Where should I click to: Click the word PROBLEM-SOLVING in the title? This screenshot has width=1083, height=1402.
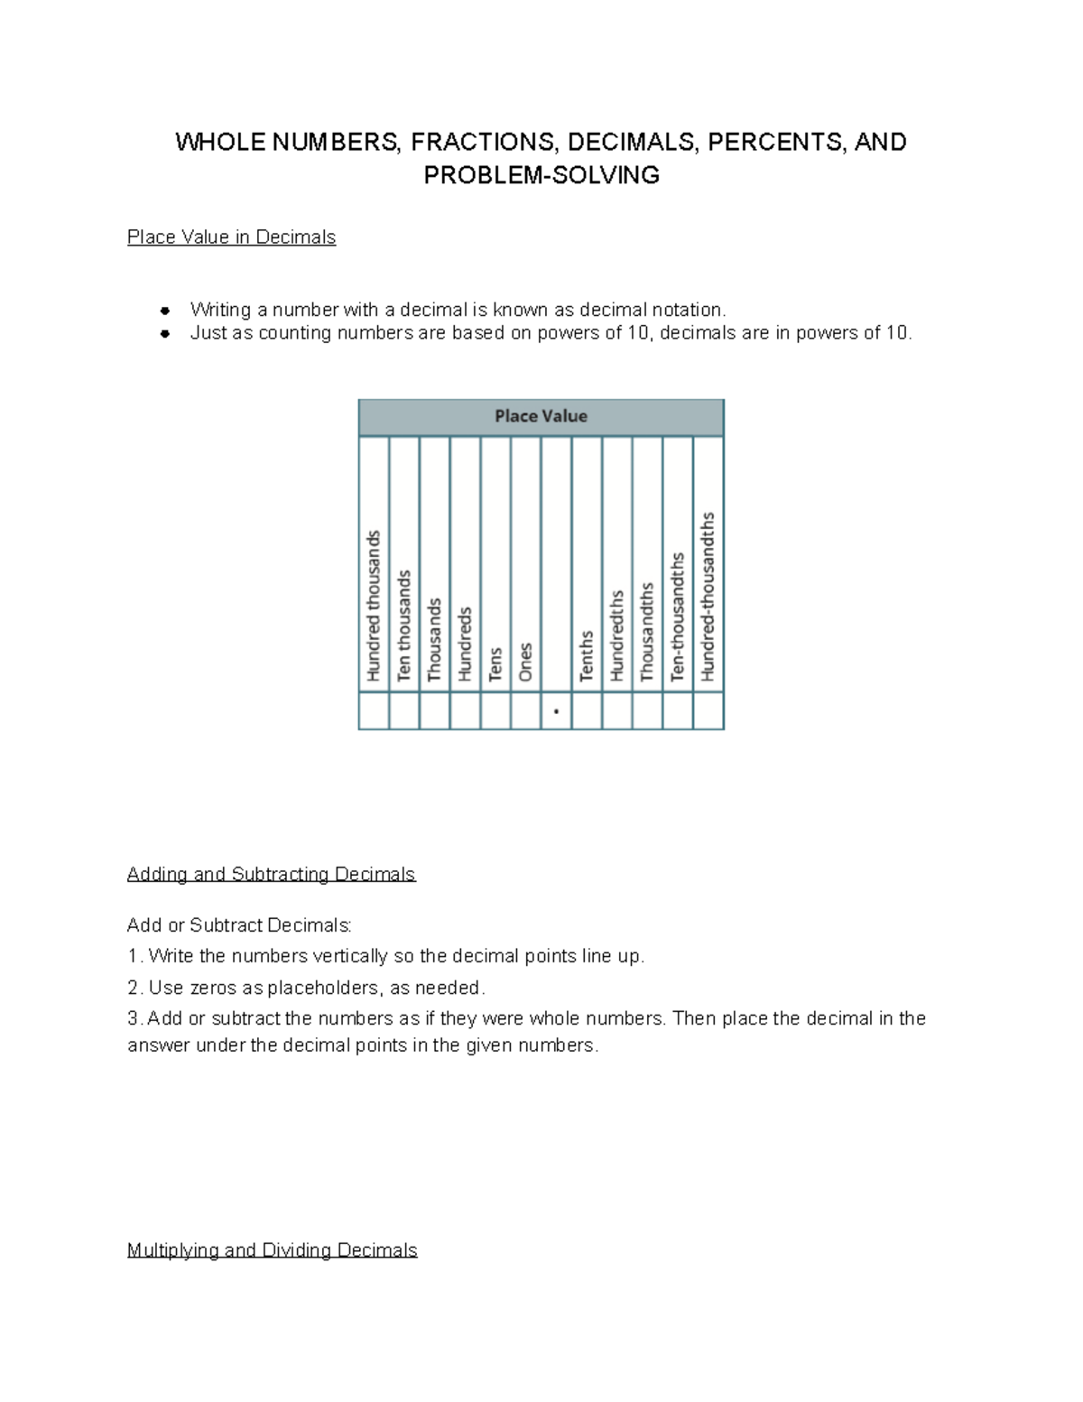point(541,175)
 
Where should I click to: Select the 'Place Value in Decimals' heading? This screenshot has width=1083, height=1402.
point(231,237)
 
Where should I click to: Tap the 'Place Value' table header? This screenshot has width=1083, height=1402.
point(541,416)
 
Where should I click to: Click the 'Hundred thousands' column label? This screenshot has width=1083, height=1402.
point(374,605)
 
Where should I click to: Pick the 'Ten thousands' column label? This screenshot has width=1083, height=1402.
point(404,625)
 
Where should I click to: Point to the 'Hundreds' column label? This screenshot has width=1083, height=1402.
point(465,643)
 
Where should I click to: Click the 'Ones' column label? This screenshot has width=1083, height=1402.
point(525,662)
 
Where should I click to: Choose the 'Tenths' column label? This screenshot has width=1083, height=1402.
point(587,655)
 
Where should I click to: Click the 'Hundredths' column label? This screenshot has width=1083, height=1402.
point(617,636)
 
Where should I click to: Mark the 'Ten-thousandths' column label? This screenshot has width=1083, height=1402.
point(678,617)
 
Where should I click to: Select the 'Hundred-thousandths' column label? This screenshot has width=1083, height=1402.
point(708,596)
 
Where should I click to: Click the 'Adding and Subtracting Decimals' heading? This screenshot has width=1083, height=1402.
point(271,874)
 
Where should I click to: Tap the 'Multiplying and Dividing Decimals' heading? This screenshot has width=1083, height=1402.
point(272,1250)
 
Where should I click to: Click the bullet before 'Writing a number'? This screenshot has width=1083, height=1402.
point(165,311)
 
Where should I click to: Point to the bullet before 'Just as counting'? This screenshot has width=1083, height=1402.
point(165,334)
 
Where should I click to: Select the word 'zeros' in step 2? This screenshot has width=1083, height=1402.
point(213,988)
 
